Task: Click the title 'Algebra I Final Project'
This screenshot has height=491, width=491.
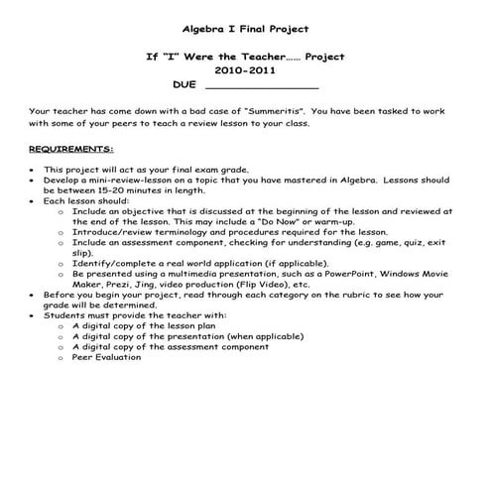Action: point(244,31)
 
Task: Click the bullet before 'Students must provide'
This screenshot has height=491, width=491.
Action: point(33,314)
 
